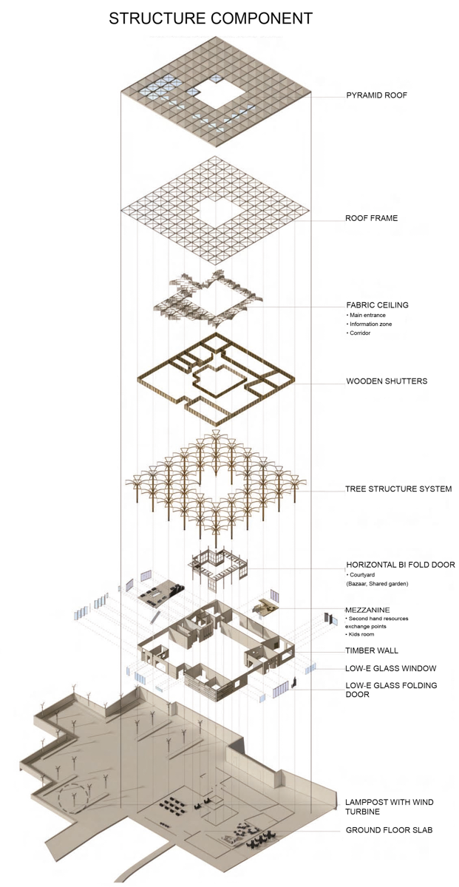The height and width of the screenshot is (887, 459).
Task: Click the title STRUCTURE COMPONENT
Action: pos(211,18)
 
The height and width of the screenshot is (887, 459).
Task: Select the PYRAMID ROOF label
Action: pos(377,95)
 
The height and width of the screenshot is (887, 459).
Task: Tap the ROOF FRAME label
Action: pos(372,219)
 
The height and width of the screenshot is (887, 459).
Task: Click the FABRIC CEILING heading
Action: pos(377,305)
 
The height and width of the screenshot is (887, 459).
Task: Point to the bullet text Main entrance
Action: pos(367,316)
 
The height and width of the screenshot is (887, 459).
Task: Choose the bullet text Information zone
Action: pos(370,324)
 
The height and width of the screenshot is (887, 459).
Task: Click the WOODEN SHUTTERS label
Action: pos(387,382)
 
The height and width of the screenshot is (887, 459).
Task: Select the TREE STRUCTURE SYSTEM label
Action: pos(398,489)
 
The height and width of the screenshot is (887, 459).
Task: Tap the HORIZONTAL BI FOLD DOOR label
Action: pos(401,565)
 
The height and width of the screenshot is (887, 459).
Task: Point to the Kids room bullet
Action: pos(363,635)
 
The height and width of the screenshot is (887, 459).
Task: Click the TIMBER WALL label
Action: pos(372,651)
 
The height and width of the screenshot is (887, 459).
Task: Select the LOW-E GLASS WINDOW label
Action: pos(391,669)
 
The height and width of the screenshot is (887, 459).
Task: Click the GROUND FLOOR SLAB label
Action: pos(390,830)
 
